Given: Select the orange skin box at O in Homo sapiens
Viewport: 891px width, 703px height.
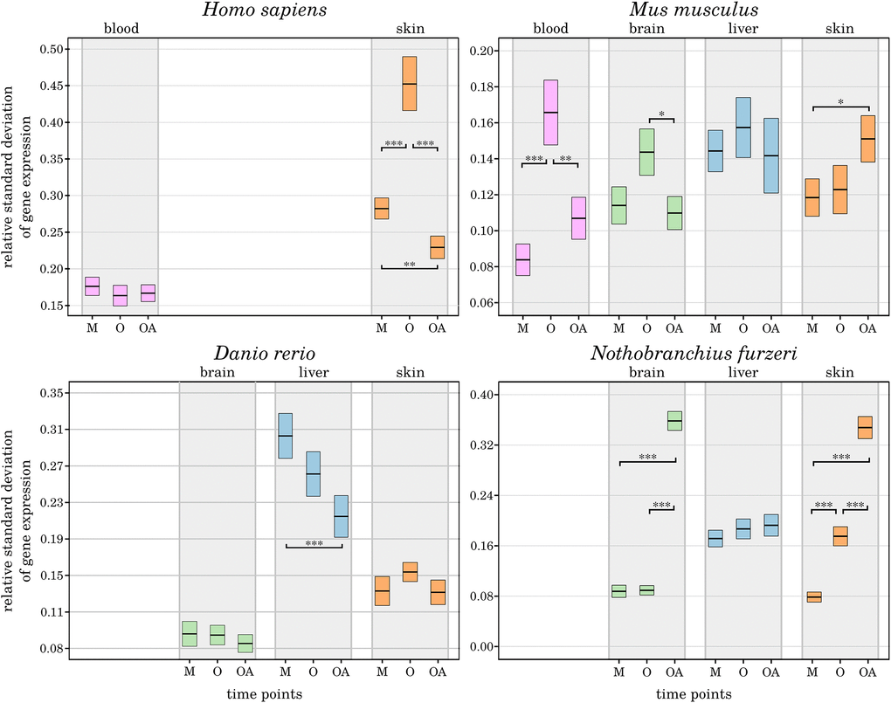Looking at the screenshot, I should tap(410, 83).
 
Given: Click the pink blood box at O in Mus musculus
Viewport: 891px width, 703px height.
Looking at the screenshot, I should tap(550, 112).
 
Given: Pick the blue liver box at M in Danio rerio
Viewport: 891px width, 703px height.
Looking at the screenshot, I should tap(285, 435).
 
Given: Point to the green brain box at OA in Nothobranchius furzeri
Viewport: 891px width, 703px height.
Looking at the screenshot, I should tap(673, 421).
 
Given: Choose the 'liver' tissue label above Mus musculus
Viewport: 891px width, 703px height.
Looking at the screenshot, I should tap(742, 29).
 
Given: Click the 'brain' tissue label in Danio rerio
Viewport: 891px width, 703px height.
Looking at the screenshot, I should tap(217, 373).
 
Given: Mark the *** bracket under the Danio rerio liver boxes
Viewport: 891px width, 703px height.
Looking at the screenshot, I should tap(314, 545).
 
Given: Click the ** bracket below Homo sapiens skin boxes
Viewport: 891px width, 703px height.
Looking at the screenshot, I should tap(409, 265).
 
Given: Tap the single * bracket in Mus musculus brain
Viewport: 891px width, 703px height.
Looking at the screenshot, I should tap(661, 117).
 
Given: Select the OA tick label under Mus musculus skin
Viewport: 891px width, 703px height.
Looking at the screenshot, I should tap(867, 328).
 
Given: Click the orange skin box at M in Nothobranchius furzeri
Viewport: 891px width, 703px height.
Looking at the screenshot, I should tap(813, 597).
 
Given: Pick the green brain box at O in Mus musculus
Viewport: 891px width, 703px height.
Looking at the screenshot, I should tap(646, 152).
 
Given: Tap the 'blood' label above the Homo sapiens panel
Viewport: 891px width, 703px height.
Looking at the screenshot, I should tap(120, 29).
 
